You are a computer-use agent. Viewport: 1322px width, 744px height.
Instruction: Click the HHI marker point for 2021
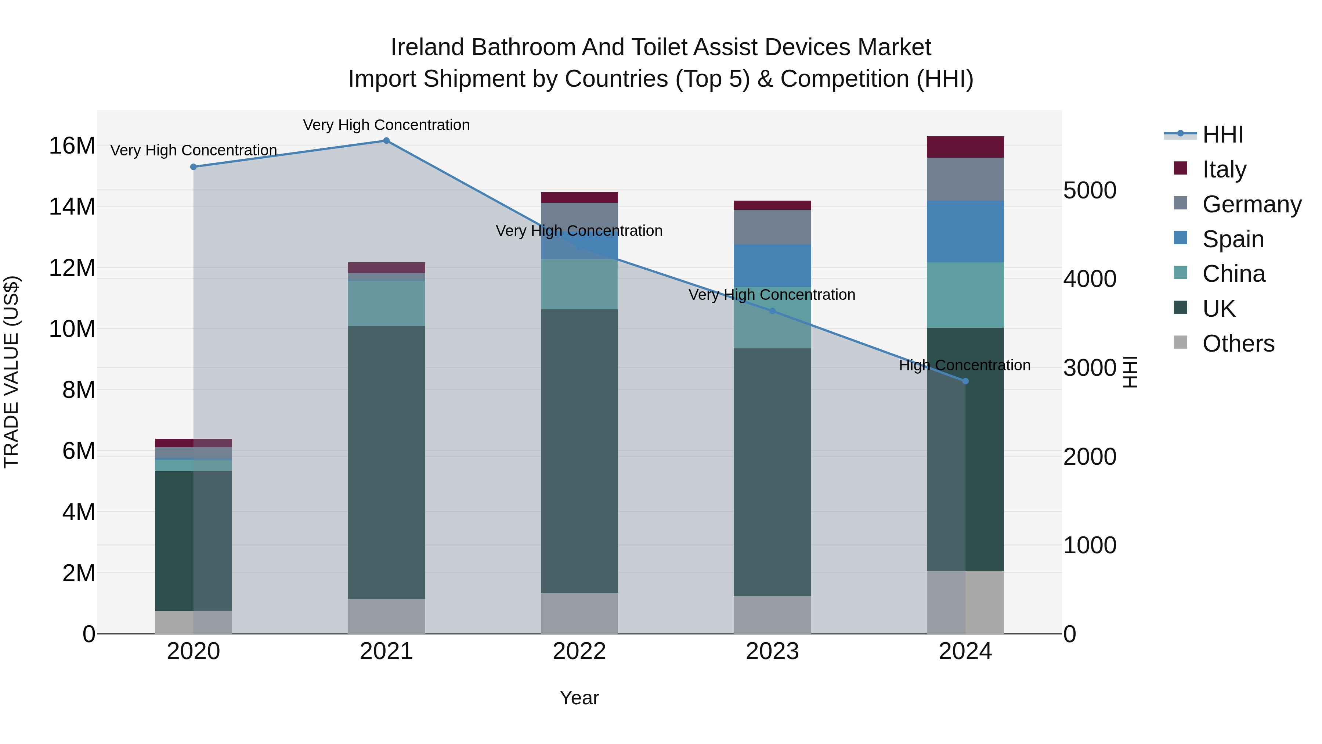[x=386, y=141]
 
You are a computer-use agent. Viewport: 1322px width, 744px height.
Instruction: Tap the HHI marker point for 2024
[x=965, y=381]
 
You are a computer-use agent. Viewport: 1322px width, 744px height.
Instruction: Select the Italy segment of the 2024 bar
[x=965, y=147]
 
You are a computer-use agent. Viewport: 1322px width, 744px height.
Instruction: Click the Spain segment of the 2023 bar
[x=772, y=266]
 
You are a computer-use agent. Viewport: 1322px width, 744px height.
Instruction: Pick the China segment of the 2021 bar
[x=386, y=303]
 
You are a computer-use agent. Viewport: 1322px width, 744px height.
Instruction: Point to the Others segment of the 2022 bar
[x=579, y=613]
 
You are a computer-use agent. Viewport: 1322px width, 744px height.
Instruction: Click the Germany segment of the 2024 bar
[x=965, y=179]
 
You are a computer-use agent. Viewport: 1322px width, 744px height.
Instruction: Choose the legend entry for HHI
[x=1222, y=134]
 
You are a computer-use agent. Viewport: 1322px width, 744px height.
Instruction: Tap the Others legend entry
[x=1238, y=344]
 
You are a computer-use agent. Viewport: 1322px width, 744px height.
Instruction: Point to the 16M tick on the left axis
[x=72, y=146]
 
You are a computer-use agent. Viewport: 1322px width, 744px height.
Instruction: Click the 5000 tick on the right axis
[x=1090, y=190]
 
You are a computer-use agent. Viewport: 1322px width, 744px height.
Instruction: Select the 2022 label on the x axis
[x=579, y=651]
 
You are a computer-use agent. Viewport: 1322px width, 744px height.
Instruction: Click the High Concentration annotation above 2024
[x=965, y=365]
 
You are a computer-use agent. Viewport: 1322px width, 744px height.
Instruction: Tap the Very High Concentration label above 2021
[x=386, y=125]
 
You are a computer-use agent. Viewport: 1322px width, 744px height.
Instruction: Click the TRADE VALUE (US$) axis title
[x=11, y=372]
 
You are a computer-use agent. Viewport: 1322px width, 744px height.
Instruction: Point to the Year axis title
[x=579, y=698]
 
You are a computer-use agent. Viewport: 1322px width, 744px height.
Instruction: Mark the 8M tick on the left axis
[x=79, y=390]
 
